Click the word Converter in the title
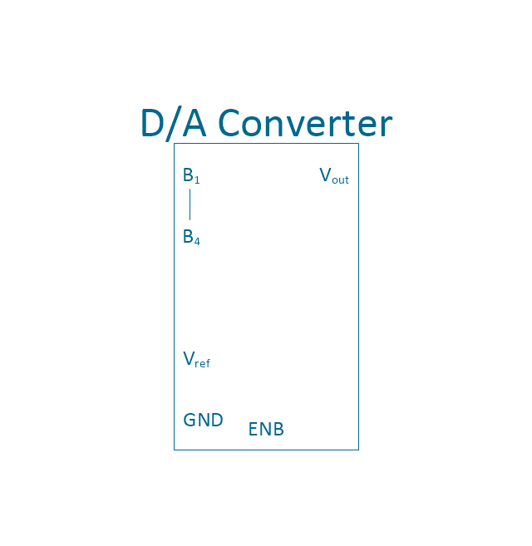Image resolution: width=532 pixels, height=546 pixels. pos(305,123)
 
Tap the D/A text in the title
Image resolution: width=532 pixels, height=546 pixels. pos(174,123)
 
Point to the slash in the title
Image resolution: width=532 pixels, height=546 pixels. pos(174,124)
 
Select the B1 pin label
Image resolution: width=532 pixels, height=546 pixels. pos(191,175)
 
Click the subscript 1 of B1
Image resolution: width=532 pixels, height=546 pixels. pos(197,180)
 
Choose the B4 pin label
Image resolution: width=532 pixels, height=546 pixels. pos(192,237)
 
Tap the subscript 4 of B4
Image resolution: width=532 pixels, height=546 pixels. pos(197,241)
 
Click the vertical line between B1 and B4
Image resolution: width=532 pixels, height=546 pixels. pos(190,204)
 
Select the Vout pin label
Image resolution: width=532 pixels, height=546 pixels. pos(334,175)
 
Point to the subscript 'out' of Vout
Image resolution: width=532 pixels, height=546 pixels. pos(340,180)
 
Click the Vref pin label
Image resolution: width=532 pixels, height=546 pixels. pos(196,359)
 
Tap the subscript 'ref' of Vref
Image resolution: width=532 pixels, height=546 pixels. pos(203,363)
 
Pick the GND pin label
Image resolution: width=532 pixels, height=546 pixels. pos(203,420)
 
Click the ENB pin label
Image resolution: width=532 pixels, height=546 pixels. pos(266,429)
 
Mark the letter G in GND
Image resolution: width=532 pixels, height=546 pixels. pos(190,420)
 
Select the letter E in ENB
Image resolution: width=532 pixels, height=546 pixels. pos(253,429)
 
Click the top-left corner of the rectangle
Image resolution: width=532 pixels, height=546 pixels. pos(175,144)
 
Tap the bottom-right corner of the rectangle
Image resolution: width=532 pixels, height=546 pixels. pos(358,450)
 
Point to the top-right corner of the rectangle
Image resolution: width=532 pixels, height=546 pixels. pos(358,144)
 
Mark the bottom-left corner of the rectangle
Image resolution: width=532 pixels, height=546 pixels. pos(175,450)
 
